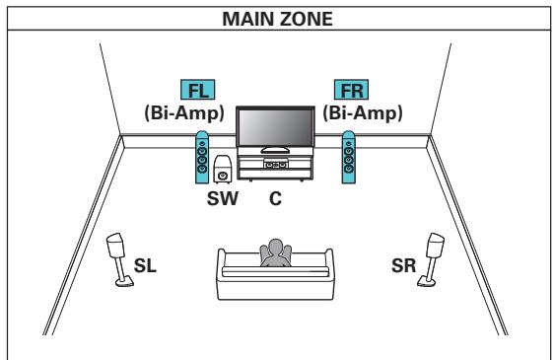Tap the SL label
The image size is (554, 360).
[x=144, y=266]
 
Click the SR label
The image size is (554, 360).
[x=403, y=266]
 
